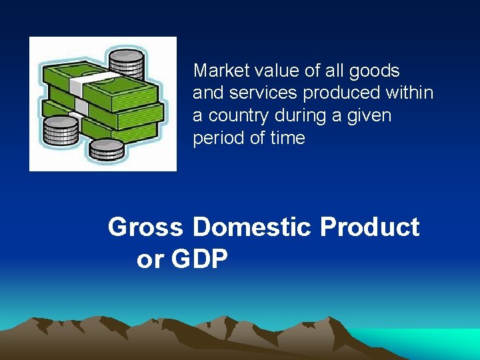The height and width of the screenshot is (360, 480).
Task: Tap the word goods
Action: (375, 71)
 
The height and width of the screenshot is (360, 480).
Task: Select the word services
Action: (252, 93)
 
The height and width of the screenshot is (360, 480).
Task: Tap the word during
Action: (304, 116)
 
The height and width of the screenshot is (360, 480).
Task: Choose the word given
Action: (369, 116)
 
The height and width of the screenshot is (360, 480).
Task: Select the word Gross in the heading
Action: (145, 227)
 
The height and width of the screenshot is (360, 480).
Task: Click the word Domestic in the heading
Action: (252, 227)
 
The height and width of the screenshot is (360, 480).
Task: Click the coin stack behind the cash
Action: (126, 64)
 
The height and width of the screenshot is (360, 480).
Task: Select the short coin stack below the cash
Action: (107, 150)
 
